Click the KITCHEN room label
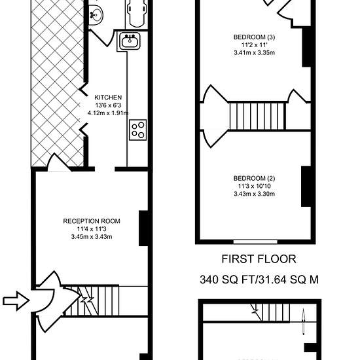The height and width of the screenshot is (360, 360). tap(108, 98)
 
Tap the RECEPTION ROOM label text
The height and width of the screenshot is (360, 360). tap(92, 221)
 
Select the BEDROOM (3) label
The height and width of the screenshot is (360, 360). tap(254, 37)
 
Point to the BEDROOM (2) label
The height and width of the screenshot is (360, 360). tap(254, 178)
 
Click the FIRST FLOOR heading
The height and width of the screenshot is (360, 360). tap(259, 259)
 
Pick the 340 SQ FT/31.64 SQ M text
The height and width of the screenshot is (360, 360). tap(259, 279)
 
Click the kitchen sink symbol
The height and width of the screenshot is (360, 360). tap(130, 41)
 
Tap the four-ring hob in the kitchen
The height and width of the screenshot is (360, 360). tap(137, 130)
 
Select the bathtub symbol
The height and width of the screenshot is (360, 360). tap(137, 13)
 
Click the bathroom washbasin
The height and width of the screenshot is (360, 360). tap(96, 14)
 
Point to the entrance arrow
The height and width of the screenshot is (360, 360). tap(16, 300)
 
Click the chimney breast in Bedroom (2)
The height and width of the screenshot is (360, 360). tap(306, 187)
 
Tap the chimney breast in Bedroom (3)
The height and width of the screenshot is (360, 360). tap(306, 47)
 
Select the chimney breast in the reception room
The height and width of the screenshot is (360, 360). tap(144, 228)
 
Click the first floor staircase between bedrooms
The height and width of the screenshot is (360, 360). tap(258, 116)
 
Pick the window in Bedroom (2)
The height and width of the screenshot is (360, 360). tap(255, 242)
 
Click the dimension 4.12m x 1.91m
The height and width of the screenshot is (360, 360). tap(108, 113)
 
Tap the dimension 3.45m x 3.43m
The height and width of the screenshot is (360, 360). tap(92, 237)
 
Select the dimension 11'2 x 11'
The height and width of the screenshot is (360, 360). tap(255, 45)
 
